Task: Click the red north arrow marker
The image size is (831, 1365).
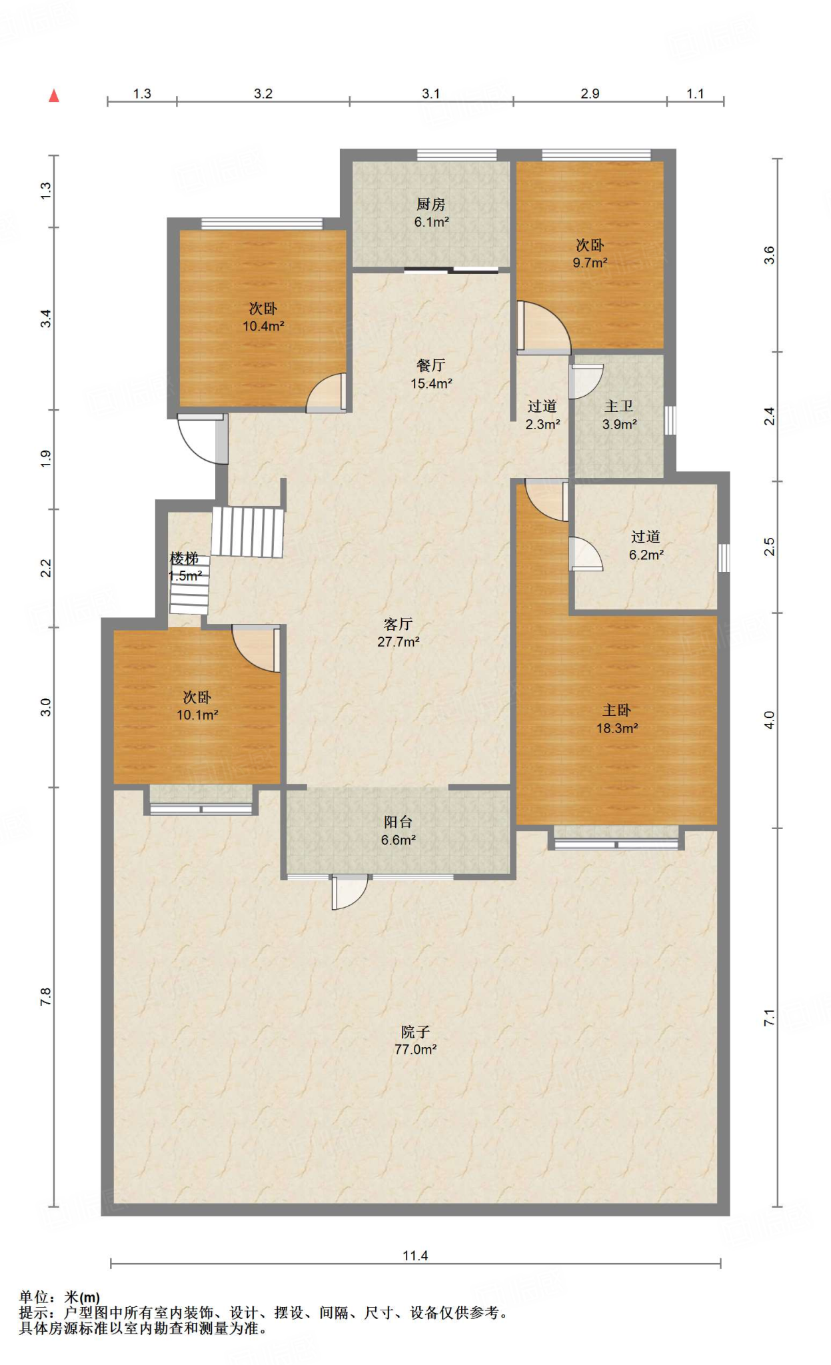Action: [x=54, y=96]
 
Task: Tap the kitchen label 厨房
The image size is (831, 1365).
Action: [x=430, y=205]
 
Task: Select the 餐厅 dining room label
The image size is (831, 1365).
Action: [x=430, y=365]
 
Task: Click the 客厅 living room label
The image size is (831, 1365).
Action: [x=398, y=624]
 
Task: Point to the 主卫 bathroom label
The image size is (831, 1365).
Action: [x=618, y=406]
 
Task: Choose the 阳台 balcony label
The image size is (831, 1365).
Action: [x=398, y=822]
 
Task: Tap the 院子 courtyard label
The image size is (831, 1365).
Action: [x=415, y=1032]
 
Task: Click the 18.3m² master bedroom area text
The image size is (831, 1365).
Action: [x=617, y=728]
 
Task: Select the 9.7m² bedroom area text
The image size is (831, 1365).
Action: [x=590, y=263]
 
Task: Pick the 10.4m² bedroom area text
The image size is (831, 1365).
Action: [x=263, y=326]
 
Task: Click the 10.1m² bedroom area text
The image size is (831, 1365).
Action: [x=197, y=715]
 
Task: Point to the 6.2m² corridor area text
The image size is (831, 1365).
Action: [x=646, y=555]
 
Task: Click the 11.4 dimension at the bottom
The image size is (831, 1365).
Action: [x=415, y=1256]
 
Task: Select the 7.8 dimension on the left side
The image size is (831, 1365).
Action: [x=45, y=997]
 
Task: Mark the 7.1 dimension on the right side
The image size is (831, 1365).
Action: [x=770, y=1018]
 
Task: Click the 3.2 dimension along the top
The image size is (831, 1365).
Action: [x=263, y=93]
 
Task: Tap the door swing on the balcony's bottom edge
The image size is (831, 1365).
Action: [x=349, y=892]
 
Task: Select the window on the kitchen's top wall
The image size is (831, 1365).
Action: [x=457, y=155]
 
